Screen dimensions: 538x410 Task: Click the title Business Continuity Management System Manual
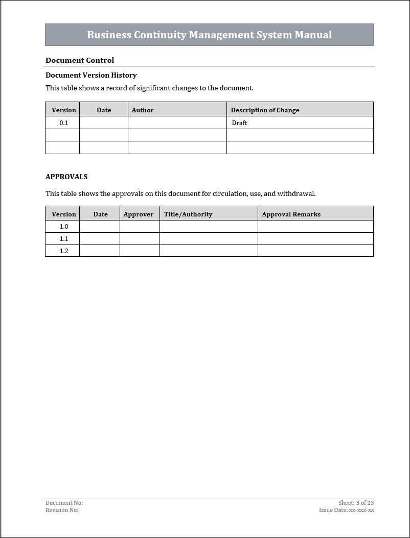[x=209, y=35]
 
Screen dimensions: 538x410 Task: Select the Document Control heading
[x=80, y=60]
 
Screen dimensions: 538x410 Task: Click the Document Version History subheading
[x=91, y=75]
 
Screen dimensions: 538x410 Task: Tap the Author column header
[x=143, y=110]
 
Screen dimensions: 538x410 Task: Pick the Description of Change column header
[x=265, y=110]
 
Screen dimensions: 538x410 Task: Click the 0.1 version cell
[x=64, y=123]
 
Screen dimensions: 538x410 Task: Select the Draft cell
[x=239, y=123]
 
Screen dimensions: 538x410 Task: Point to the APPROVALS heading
[x=66, y=177]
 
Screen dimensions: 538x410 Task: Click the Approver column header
[x=139, y=214]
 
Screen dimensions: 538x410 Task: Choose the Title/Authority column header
[x=188, y=214]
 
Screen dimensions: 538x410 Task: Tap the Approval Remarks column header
[x=291, y=214]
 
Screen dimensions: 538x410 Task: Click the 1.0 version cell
[x=64, y=226]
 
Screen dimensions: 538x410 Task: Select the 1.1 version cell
[x=64, y=238]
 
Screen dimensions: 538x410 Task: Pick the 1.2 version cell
[x=64, y=251]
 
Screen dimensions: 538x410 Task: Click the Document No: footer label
[x=64, y=503]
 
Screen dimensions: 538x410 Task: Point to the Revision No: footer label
[x=62, y=510]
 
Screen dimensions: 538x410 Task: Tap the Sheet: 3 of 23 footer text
[x=356, y=503]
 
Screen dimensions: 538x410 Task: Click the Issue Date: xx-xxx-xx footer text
[x=346, y=510]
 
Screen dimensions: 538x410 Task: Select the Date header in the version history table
[x=104, y=110]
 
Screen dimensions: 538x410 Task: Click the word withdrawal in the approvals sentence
[x=296, y=193]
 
